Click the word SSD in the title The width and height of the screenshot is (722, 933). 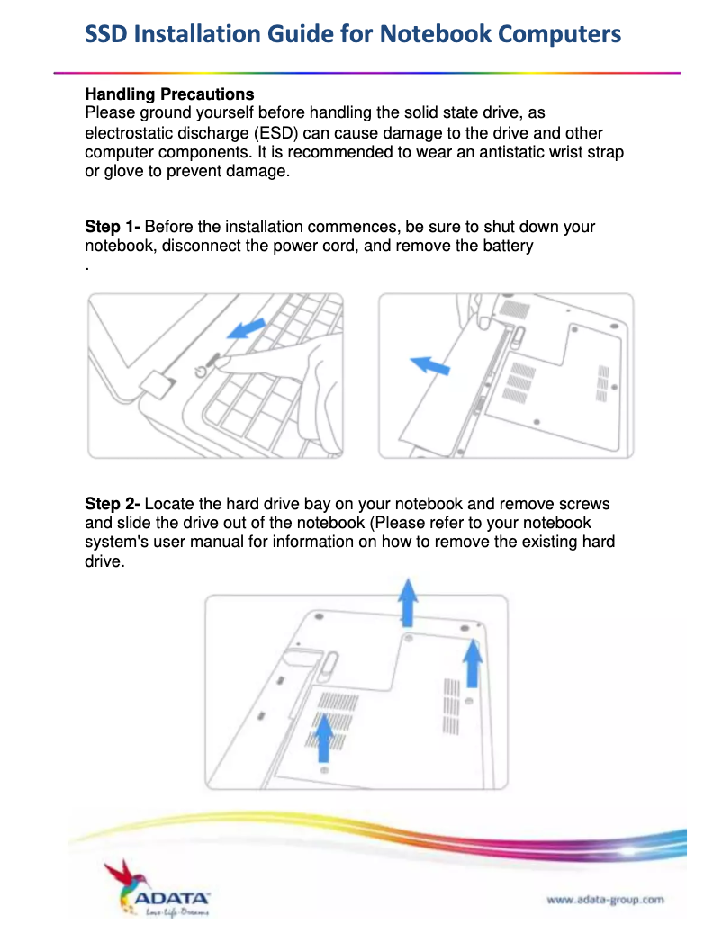(107, 34)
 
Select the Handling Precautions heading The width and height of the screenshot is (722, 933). (169, 94)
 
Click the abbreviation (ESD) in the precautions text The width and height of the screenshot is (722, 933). (262, 133)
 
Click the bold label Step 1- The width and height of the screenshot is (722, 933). (113, 227)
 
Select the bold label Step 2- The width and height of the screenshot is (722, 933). (113, 504)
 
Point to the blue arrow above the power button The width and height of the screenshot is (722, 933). (247, 329)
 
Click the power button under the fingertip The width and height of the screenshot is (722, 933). (202, 370)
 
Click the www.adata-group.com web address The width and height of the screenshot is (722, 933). (605, 898)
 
